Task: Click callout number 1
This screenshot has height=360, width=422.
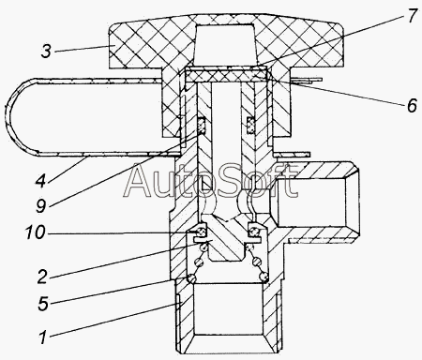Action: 43,337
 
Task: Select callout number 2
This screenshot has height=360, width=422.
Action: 43,277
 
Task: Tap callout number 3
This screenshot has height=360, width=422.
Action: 46,51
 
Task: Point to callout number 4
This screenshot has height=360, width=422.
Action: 41,180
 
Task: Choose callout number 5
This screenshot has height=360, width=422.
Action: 43,304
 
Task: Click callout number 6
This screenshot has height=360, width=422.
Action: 412,105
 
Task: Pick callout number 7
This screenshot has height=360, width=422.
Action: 412,16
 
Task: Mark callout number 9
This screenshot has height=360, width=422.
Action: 41,206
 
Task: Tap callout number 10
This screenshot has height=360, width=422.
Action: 35,232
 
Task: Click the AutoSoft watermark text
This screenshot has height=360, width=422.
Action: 210,181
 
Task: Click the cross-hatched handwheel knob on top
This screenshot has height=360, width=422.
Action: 227,44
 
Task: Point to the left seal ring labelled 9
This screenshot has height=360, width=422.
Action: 203,127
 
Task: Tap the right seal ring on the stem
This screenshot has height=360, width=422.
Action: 250,125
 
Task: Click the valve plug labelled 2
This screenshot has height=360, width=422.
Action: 225,241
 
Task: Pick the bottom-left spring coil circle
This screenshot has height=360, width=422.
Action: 191,277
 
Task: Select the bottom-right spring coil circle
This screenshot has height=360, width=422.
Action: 264,277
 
